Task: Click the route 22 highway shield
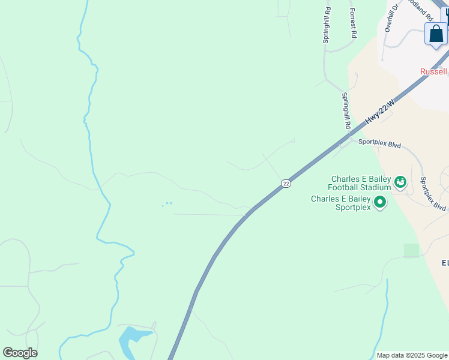tap(286, 183)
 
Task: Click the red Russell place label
tap(433, 72)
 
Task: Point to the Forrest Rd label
tap(354, 23)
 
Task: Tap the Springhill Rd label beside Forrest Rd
tap(327, 25)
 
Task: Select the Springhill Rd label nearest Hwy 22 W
tap(346, 111)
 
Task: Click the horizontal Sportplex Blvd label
tap(379, 142)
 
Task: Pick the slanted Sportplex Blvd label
tap(432, 194)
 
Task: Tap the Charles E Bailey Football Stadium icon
tap(400, 181)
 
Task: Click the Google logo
tap(20, 353)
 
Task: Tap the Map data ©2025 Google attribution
tap(412, 355)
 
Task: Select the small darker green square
tap(411, 251)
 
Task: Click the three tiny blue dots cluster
tap(167, 204)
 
